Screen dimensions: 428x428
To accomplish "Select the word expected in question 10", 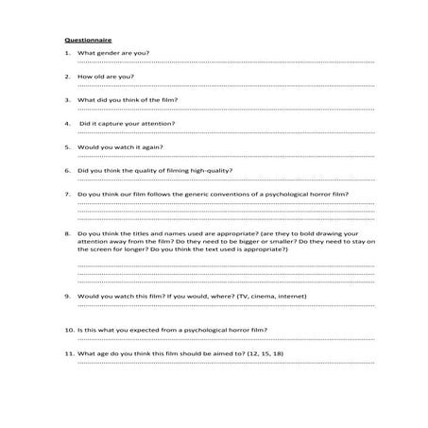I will [x=144, y=329].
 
